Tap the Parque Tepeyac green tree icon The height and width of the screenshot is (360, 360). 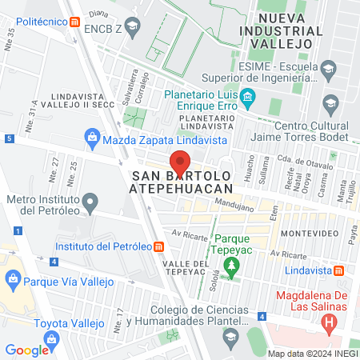click(231, 266)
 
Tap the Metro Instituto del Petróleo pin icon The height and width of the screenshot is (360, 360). click(90, 200)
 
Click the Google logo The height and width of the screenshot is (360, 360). click(26, 350)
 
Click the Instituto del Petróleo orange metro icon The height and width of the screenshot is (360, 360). click(161, 246)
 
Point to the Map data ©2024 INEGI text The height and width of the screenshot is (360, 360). click(310, 353)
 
